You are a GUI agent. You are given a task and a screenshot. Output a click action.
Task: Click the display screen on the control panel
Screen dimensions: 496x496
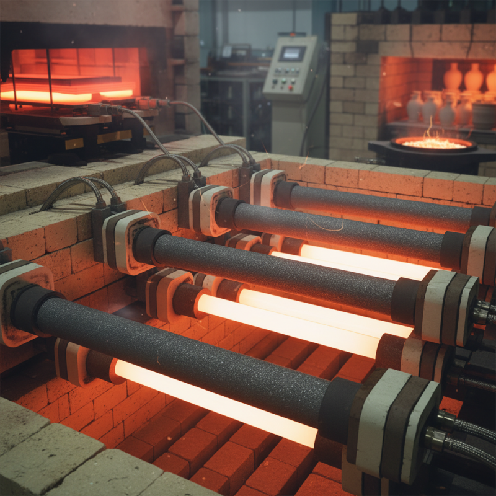click(x=291, y=54)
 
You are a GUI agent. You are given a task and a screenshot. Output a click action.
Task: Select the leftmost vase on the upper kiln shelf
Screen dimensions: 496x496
click(x=453, y=77)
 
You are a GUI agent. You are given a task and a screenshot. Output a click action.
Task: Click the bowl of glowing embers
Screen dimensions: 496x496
click(x=433, y=144)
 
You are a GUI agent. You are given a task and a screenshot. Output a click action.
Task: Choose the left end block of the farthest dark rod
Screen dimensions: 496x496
click(x=268, y=186)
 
